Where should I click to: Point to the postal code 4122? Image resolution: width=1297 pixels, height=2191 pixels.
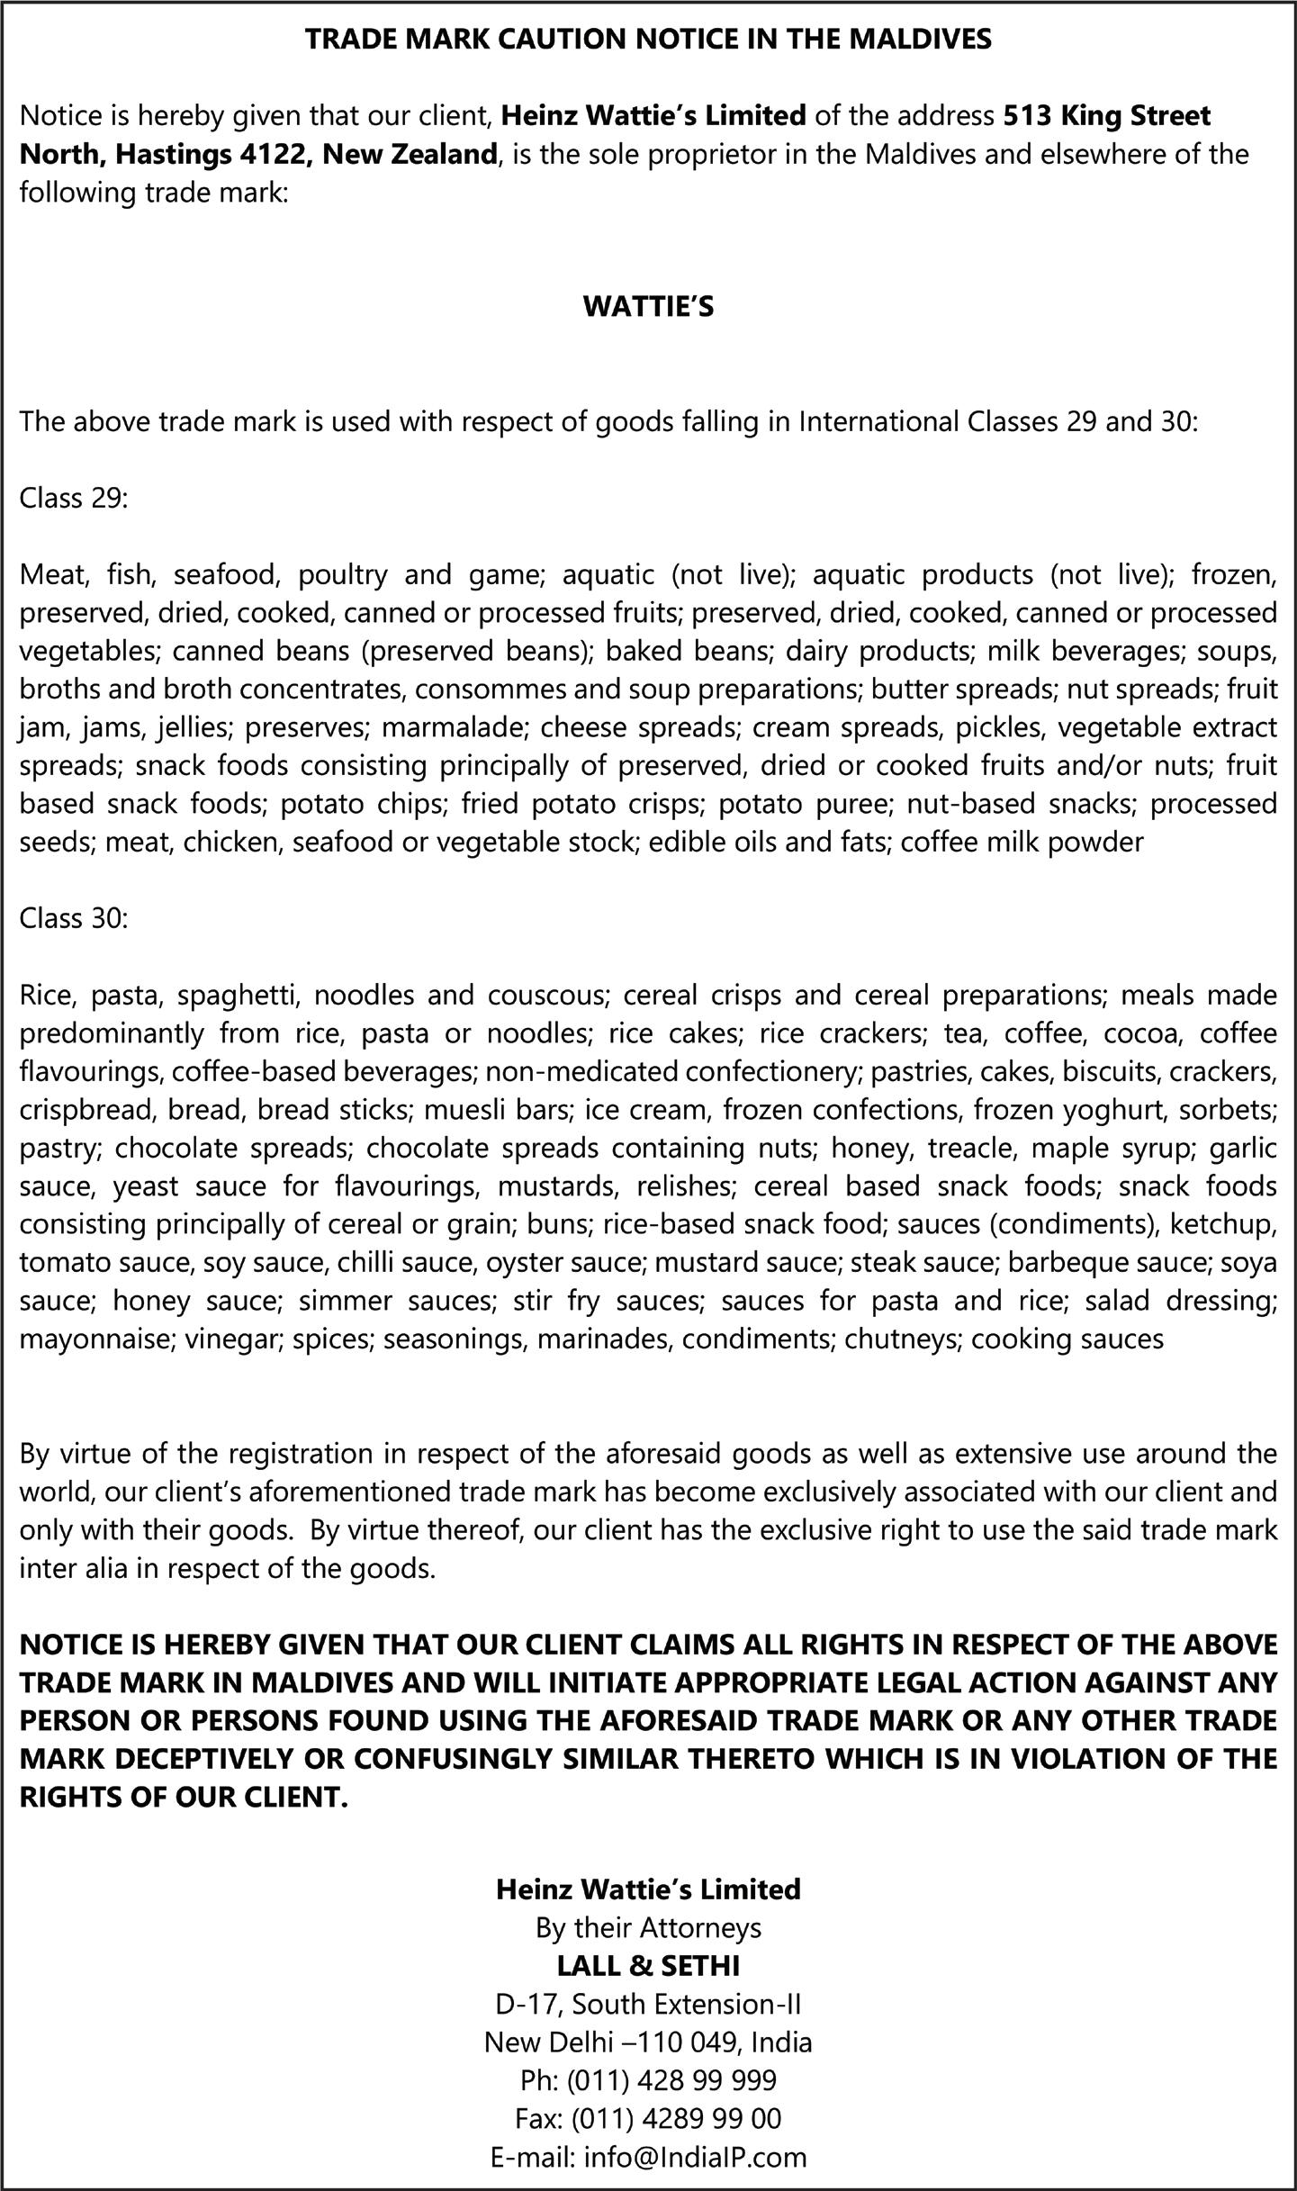tap(276, 154)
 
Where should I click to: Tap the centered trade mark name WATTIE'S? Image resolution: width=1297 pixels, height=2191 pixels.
tap(648, 307)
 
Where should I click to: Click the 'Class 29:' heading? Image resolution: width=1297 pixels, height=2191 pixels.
tap(74, 498)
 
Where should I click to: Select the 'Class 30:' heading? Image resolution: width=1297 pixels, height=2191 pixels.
tap(74, 919)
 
